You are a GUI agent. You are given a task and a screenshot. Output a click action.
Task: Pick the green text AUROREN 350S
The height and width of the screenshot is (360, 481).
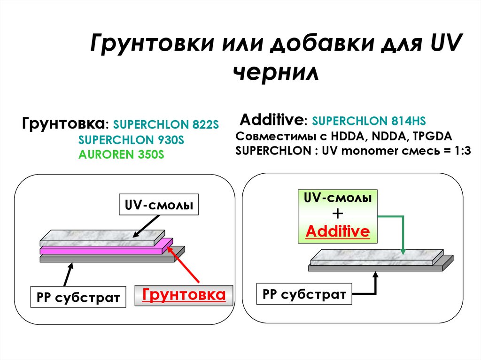tap(122, 155)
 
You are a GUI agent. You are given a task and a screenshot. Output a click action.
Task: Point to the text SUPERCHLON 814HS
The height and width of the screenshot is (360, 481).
tap(369, 121)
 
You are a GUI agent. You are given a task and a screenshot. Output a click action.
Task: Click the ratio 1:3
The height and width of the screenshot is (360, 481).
tap(460, 151)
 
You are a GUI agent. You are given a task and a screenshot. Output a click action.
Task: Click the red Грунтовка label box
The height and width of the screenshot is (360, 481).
tap(184, 295)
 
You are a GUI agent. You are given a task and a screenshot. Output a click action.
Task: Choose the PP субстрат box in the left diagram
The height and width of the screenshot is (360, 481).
tap(78, 297)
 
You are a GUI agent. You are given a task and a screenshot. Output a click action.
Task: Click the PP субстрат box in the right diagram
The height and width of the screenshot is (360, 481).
tap(304, 294)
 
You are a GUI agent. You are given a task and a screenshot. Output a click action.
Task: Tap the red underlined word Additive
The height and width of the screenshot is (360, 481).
tap(338, 231)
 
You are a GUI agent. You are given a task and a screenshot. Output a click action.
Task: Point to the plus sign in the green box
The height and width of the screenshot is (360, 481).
tap(338, 214)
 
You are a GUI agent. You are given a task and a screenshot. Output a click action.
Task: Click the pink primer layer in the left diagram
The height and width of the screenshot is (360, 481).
tap(103, 249)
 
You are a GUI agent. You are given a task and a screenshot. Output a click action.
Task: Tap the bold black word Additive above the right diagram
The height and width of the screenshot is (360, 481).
tap(271, 120)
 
